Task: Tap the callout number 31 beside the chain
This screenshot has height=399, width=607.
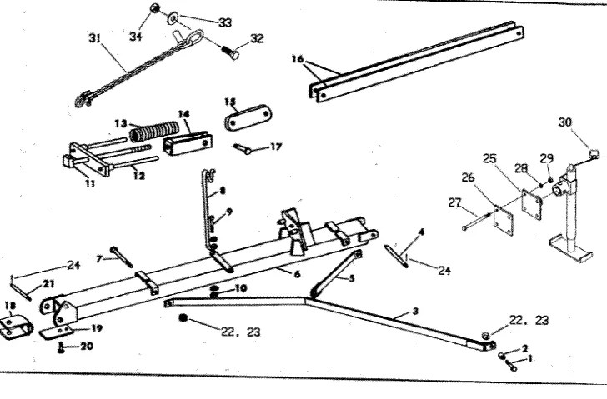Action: coord(93,38)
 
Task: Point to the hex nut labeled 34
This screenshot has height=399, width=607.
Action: coord(154,10)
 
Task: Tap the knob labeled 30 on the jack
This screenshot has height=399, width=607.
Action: coord(594,152)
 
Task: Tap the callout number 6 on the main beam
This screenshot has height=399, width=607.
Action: coord(298,272)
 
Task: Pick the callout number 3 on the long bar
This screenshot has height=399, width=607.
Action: coord(414,310)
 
